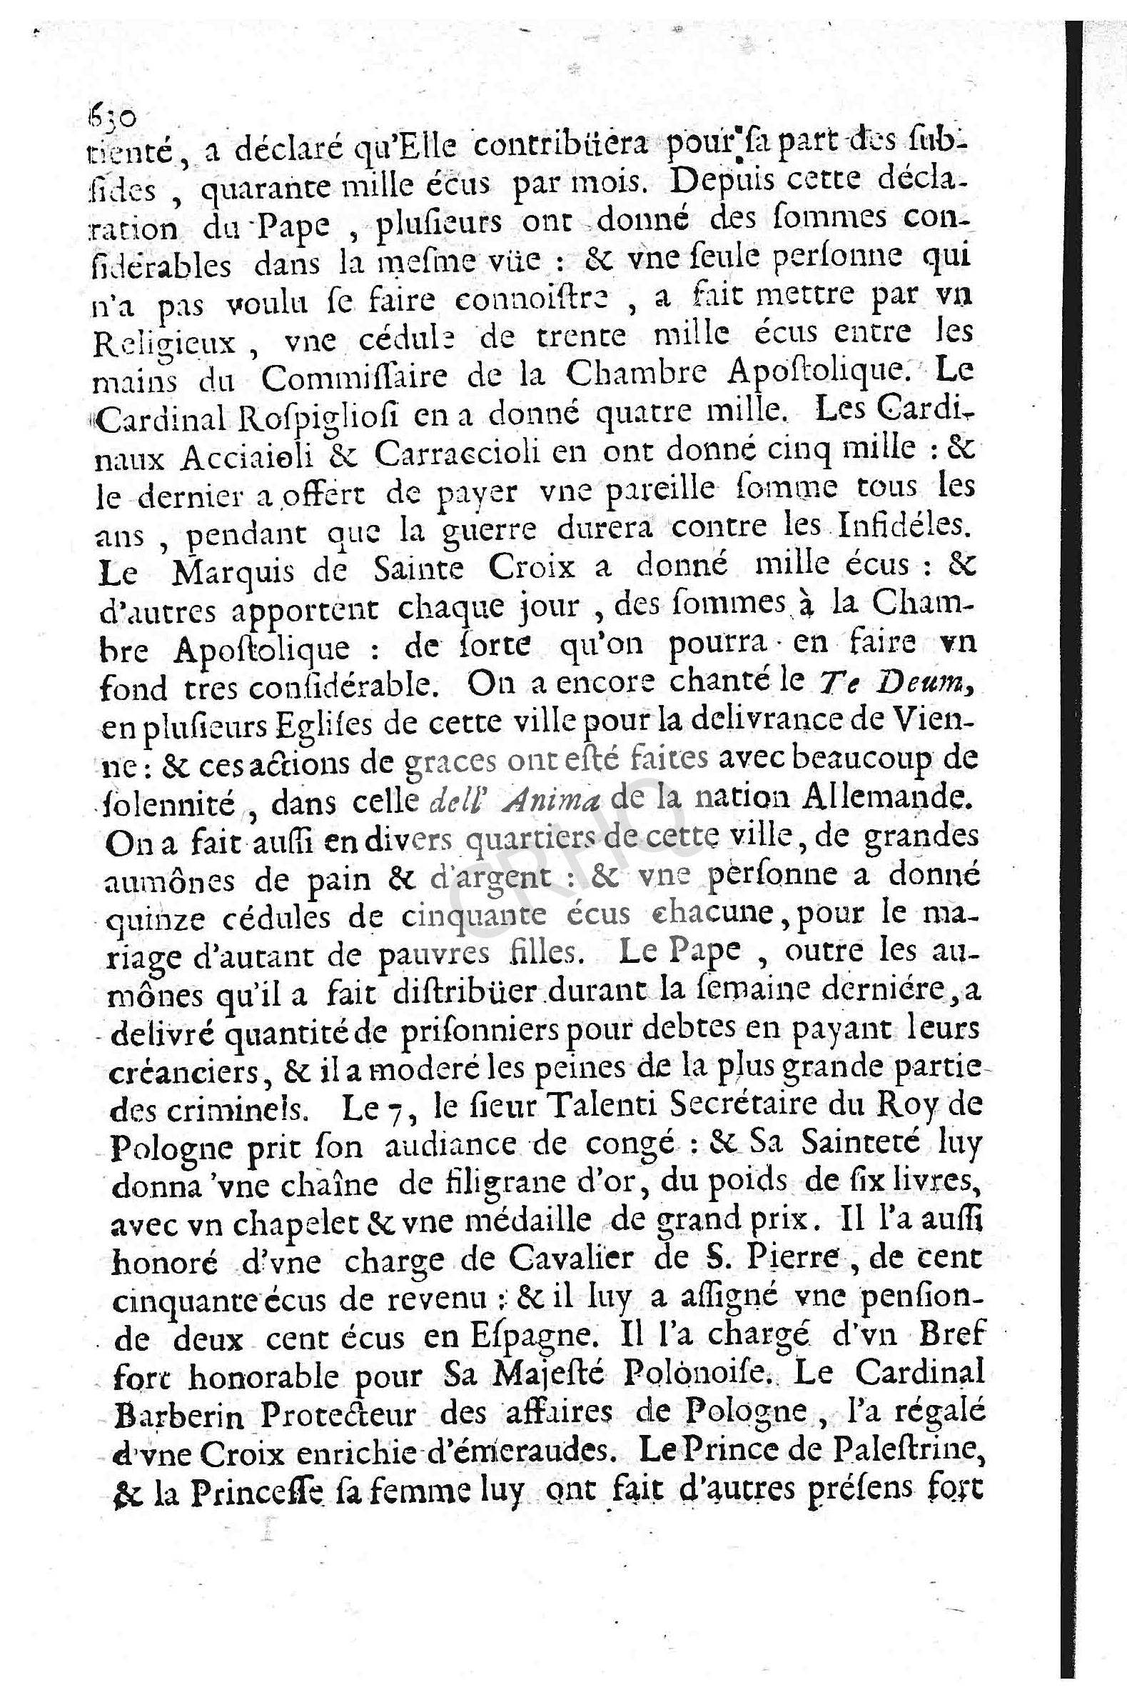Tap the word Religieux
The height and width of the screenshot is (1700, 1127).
[165, 342]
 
